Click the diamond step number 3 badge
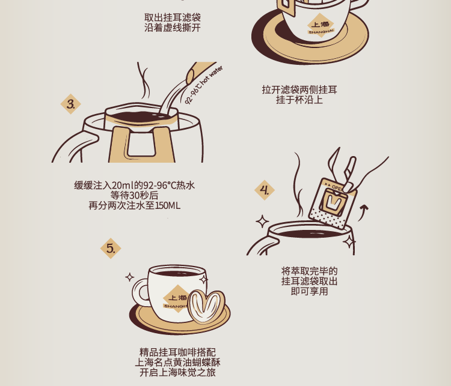pos(71,104)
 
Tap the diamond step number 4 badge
pos(265,190)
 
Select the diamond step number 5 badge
pos(111,248)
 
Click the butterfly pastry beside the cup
pos(206,306)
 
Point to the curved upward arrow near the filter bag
pos(363,213)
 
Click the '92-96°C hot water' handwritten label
pos(203,85)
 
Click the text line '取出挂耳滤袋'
pos(173,17)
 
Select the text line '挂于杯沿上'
pos(299,100)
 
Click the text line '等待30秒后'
pos(134,195)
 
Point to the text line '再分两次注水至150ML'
pos(134,206)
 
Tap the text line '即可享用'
pos(309,291)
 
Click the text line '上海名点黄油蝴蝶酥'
pos(178,362)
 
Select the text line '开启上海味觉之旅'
pos(178,373)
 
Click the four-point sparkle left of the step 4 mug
pos(262,222)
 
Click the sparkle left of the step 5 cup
pos(130,277)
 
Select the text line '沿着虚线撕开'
pos(173,28)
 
